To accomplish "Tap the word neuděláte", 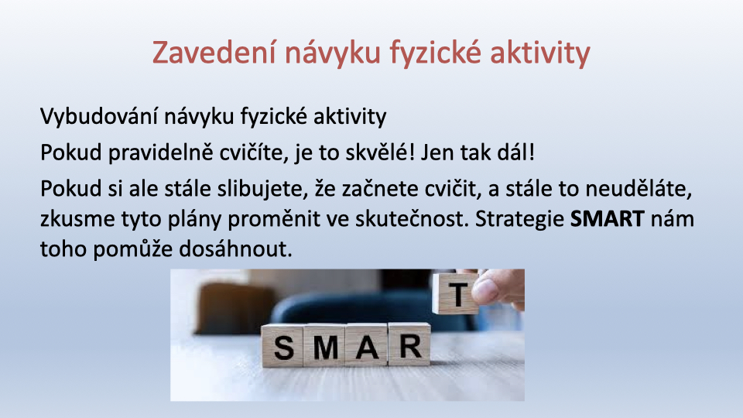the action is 639,189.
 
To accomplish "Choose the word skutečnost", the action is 412,219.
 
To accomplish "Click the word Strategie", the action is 519,219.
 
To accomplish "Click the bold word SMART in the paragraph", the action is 607,219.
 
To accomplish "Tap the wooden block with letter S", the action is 282,346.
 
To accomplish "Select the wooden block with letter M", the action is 324,345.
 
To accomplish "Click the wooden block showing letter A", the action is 367,344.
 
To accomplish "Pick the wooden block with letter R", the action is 409,344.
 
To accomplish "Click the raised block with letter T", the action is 456,293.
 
